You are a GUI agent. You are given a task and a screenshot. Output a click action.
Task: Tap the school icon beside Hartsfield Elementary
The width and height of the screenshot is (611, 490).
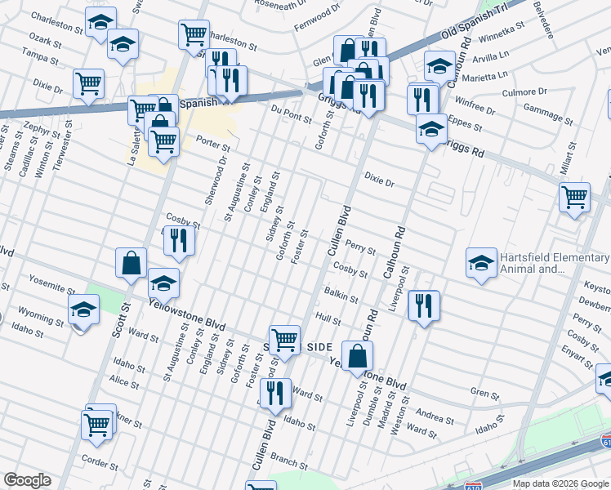[x=481, y=263]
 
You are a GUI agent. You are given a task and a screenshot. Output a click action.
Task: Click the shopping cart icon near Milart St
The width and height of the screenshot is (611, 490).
[x=574, y=197]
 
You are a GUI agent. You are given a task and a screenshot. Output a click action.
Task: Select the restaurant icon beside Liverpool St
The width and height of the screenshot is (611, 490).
[x=423, y=305]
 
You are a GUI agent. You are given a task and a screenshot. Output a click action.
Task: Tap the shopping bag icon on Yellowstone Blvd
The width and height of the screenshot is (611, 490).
[x=357, y=356]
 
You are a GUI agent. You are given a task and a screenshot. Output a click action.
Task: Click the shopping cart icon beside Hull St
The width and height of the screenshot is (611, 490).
[x=283, y=339]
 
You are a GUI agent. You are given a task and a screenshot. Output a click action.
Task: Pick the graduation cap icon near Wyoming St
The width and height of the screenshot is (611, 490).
[x=83, y=310]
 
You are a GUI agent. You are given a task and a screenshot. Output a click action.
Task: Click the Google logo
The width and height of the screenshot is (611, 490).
[x=28, y=480]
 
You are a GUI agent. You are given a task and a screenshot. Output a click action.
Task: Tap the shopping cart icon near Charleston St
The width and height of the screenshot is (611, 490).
[x=194, y=34]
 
